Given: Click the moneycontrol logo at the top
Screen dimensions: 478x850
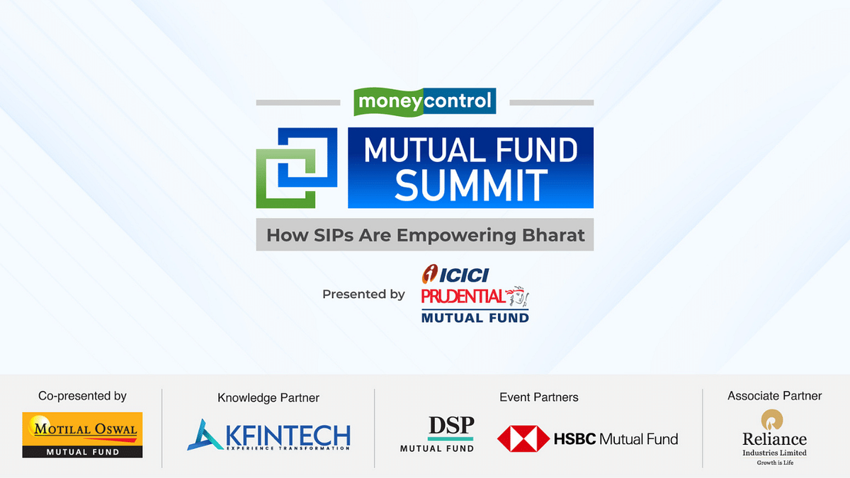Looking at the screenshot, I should (425, 101).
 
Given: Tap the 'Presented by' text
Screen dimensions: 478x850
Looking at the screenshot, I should (363, 294).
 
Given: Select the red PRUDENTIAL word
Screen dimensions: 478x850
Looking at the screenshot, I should (463, 296).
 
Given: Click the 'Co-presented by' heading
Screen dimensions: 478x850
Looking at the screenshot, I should (82, 396).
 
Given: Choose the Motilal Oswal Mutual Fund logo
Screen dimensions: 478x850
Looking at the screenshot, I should (82, 434).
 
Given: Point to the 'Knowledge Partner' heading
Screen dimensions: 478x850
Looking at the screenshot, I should (268, 398).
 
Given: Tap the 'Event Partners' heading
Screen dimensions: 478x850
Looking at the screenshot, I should (538, 397).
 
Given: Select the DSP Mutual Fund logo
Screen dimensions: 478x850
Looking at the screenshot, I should (437, 434).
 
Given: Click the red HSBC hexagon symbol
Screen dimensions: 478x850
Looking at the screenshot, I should (523, 439).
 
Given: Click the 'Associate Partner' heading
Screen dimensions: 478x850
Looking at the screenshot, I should (774, 396).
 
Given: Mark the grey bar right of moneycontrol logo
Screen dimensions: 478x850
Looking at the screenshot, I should (551, 103).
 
